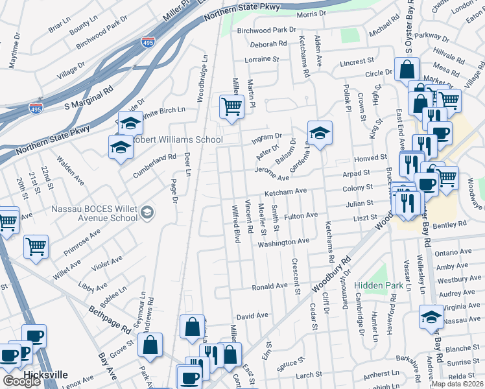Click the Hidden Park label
click(379, 285)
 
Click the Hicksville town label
click(45, 375)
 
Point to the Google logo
click(21, 381)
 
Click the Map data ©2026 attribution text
click(457, 384)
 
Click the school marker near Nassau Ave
click(431, 317)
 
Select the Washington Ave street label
click(283, 242)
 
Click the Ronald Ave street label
click(270, 286)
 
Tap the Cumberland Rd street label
click(154, 157)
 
